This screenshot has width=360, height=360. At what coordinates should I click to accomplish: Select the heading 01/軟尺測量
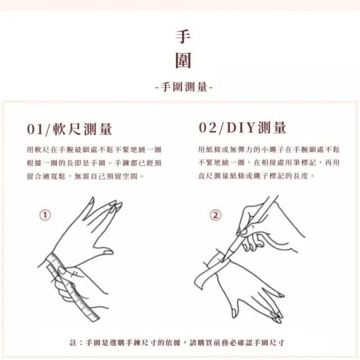[x=70, y=129]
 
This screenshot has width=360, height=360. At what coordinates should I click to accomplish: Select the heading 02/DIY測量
[x=242, y=128]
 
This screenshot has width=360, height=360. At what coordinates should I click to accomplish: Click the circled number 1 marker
[x=45, y=215]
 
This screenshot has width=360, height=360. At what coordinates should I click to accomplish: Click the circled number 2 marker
[x=215, y=215]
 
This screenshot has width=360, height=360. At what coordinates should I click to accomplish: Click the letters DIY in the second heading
[x=242, y=128]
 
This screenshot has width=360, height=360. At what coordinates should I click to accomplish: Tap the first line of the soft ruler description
[x=94, y=150]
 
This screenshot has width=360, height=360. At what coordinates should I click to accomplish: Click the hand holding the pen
[x=264, y=228]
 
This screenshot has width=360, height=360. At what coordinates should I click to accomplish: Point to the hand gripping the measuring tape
[x=79, y=284]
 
